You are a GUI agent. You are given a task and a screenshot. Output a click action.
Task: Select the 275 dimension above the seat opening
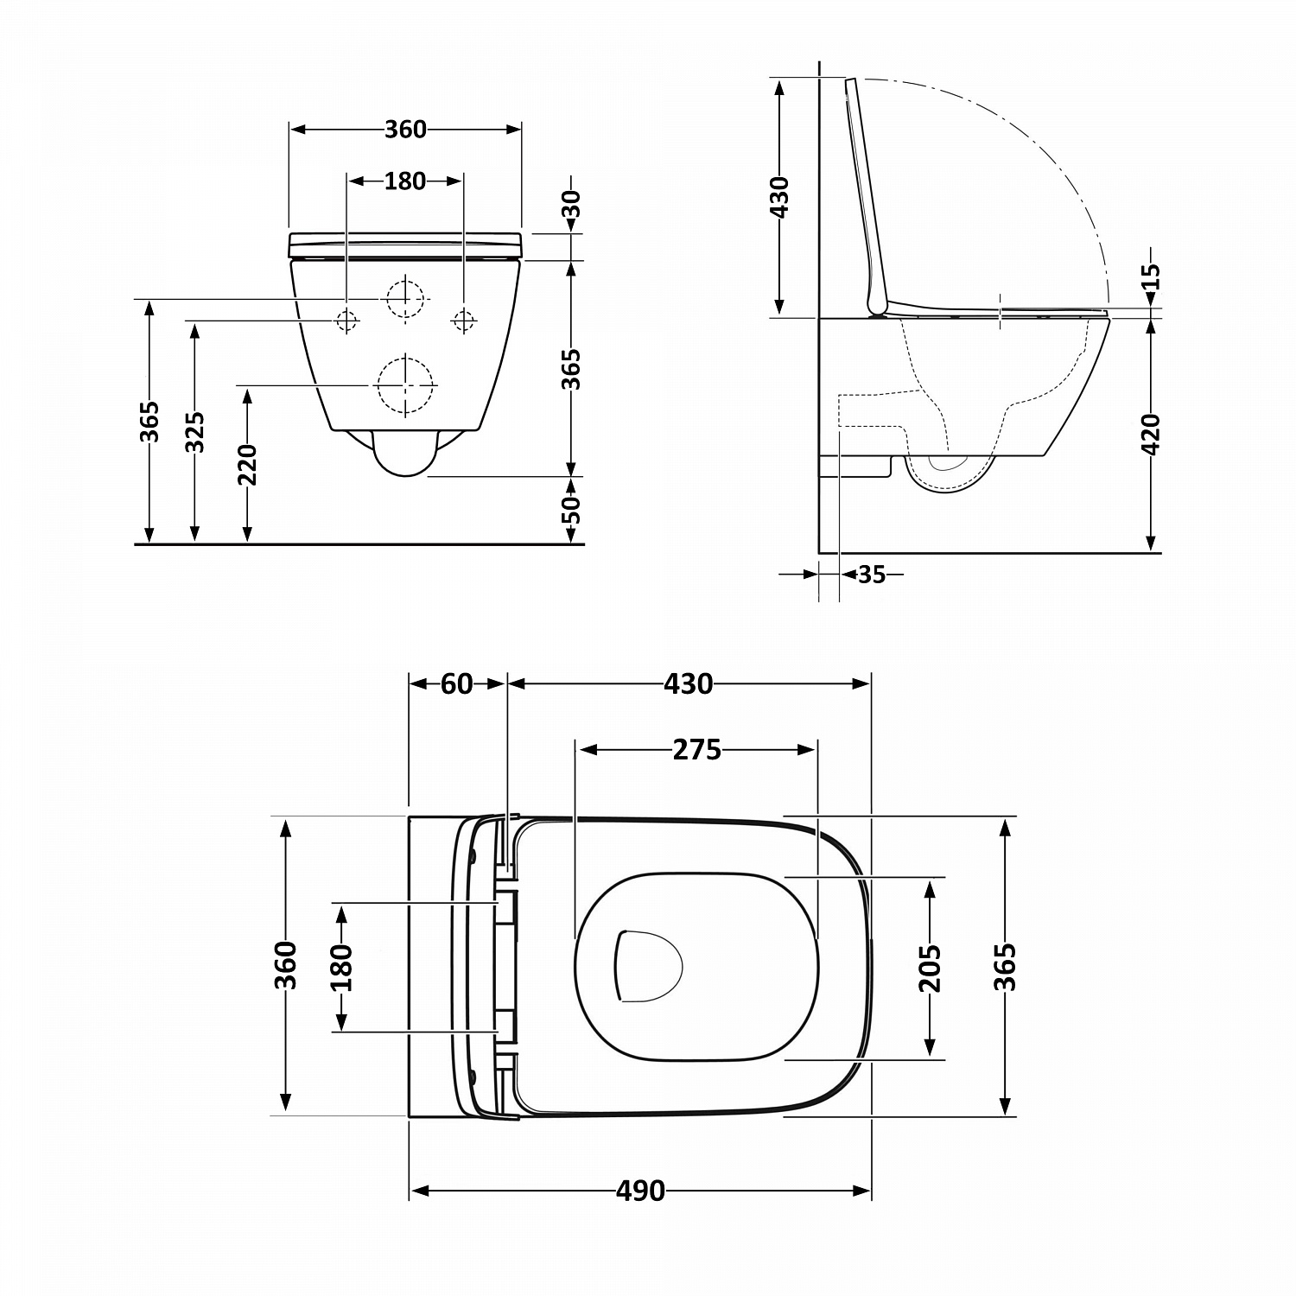coord(696,750)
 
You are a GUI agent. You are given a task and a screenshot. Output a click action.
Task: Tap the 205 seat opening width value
coord(930,968)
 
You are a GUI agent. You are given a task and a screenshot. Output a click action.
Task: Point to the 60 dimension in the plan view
coord(456,683)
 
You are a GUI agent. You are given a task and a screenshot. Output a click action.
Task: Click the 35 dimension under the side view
coord(872,574)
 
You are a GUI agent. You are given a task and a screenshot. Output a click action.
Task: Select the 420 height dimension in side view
coord(1151,435)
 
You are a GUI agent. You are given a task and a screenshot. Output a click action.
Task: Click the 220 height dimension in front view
coord(248,465)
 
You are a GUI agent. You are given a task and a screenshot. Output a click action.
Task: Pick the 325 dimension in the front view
coord(195,432)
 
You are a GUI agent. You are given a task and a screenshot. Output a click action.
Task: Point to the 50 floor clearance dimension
coord(571,511)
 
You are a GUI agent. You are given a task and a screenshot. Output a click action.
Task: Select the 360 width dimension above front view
coord(405,129)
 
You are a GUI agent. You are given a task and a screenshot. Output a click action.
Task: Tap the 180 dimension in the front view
coord(404,181)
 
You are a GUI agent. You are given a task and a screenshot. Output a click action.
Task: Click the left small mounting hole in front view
coord(346,321)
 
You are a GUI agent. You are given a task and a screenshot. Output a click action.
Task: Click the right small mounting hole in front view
coord(463,321)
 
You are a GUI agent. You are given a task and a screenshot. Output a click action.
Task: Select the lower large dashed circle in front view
coord(404,384)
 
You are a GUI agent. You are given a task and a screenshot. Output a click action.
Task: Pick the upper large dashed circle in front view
coord(406,299)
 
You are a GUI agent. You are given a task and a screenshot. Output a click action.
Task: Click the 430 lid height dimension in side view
coord(779,197)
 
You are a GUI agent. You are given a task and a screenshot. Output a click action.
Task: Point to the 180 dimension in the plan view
coord(342,968)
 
